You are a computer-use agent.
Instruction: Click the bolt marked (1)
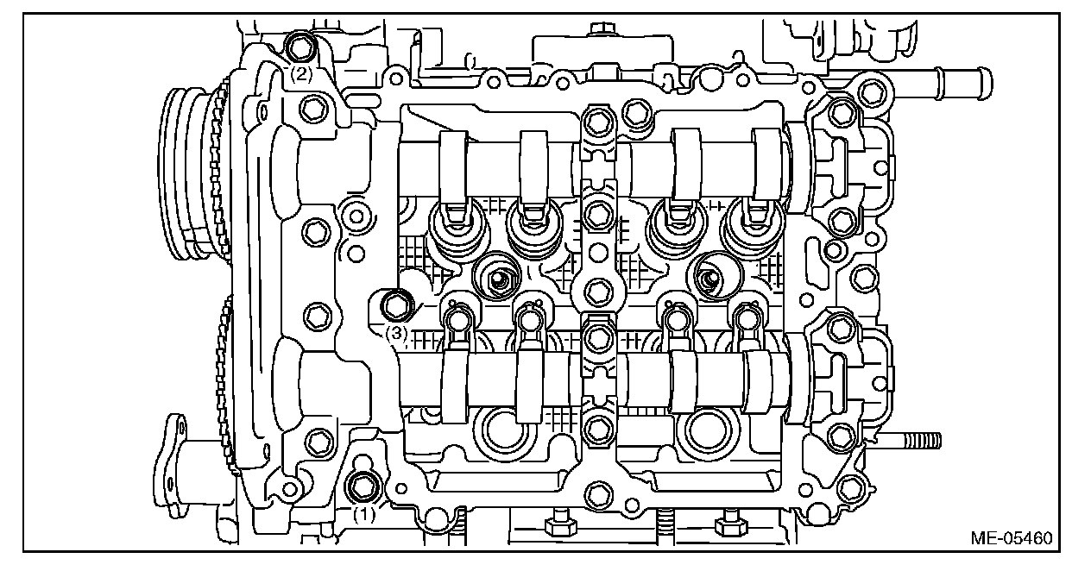[x=363, y=486]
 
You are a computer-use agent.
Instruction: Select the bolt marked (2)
[x=300, y=46]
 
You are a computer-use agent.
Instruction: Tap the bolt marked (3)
[x=396, y=304]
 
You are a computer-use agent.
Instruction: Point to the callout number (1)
[x=364, y=514]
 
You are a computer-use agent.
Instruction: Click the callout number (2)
[x=300, y=74]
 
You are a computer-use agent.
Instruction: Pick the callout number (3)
[x=395, y=333]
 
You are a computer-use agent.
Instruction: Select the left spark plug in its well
[x=498, y=278]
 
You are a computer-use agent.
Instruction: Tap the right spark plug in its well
[x=709, y=278]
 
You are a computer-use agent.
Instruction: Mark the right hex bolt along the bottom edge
[x=728, y=522]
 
